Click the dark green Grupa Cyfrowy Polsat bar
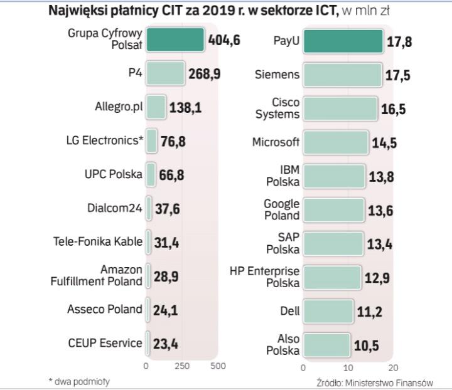point(175,40)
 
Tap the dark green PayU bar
point(343,41)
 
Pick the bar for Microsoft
point(336,142)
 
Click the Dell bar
point(328,310)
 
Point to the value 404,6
point(224,41)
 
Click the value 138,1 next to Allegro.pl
point(185,108)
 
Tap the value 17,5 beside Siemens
point(397,75)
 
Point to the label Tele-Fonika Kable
point(98,241)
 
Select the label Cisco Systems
point(277,108)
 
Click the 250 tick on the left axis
point(181,366)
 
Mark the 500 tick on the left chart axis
point(217,366)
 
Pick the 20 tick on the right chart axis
point(393,367)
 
